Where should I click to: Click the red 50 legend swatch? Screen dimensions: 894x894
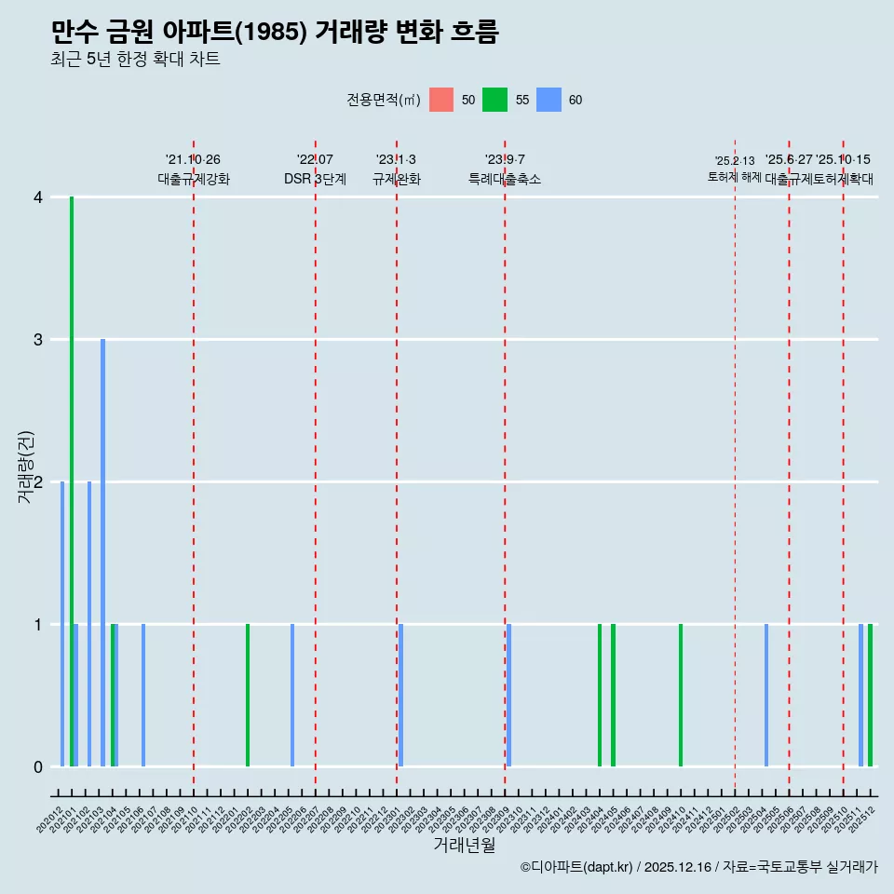[441, 100]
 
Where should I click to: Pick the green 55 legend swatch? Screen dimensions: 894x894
[494, 100]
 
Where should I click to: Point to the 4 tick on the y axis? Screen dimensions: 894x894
[38, 197]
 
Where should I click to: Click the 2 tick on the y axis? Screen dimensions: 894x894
[38, 482]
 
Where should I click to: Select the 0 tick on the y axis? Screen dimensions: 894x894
[38, 767]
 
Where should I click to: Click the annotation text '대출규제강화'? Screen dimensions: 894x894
[194, 180]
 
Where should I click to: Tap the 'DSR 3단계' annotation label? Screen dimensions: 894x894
[316, 180]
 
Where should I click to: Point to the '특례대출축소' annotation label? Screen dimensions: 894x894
[505, 180]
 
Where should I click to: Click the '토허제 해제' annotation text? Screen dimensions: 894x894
[735, 177]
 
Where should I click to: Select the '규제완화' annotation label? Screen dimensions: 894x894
[397, 180]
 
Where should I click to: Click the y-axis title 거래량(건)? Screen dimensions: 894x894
[26, 467]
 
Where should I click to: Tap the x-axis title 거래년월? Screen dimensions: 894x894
[464, 845]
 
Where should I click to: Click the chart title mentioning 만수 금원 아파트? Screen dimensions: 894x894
[275, 33]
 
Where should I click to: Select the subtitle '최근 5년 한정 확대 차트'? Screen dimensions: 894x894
[135, 60]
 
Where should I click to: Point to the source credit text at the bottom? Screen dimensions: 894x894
[698, 867]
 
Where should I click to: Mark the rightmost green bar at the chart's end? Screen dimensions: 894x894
[871, 696]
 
